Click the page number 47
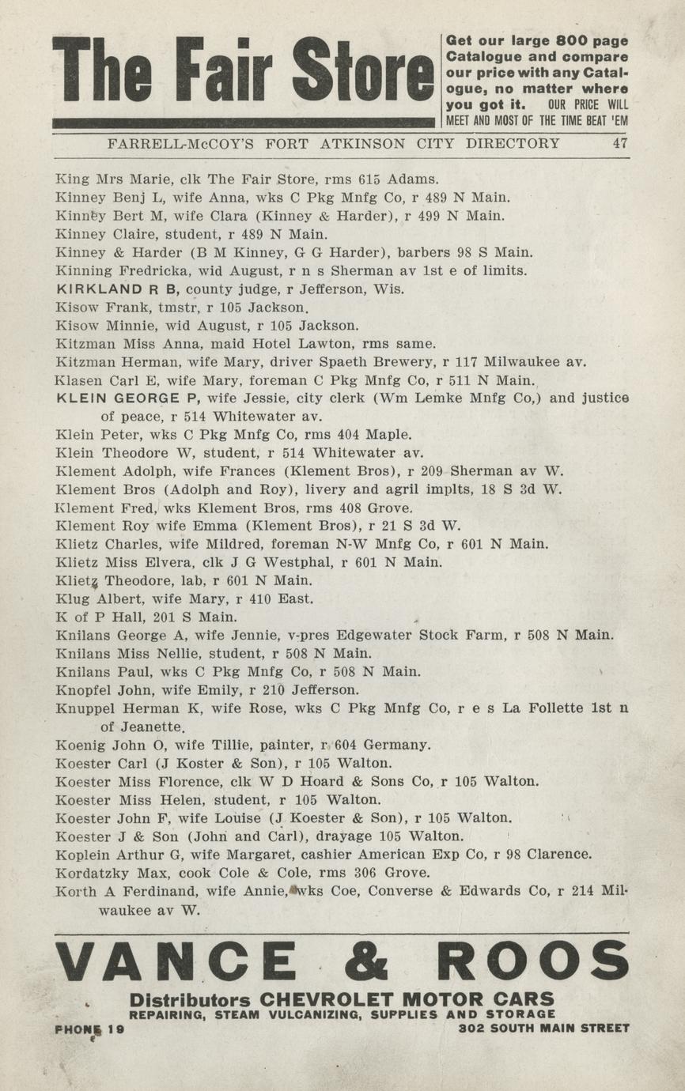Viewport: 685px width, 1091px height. click(620, 144)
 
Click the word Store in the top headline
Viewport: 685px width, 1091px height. click(363, 70)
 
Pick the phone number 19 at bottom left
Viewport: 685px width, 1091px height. click(116, 1029)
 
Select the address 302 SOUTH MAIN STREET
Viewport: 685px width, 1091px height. click(544, 1029)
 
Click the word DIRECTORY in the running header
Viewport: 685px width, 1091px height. click(513, 144)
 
